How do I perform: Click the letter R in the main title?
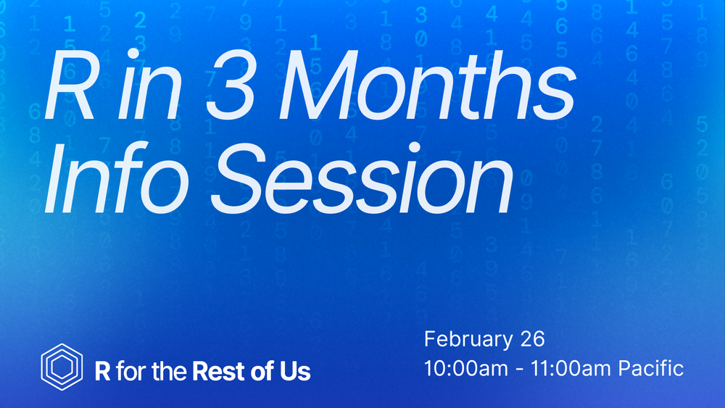click(x=70, y=85)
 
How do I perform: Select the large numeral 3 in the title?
click(x=231, y=85)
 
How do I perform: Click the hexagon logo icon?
click(x=62, y=367)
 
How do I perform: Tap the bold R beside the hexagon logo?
click(x=103, y=371)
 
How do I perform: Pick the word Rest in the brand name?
click(x=219, y=371)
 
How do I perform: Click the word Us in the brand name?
click(x=295, y=372)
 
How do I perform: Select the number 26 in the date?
click(x=533, y=338)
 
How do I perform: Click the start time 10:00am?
click(x=466, y=369)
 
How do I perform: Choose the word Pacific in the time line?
click(x=651, y=368)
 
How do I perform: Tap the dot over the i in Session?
click(x=414, y=147)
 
